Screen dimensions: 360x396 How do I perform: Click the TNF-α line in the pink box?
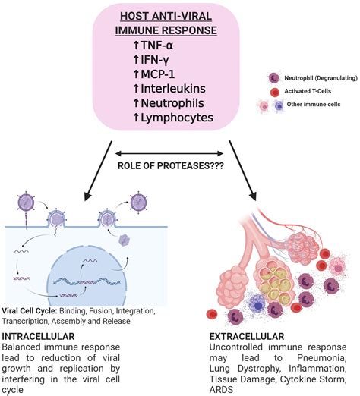coord(153,46)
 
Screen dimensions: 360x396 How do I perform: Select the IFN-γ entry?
coord(151,60)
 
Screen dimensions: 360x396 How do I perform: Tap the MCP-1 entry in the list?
coord(153,74)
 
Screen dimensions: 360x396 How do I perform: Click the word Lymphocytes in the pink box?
coord(177,118)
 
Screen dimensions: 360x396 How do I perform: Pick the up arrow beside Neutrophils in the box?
coord(136,103)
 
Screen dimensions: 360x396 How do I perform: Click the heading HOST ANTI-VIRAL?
coord(166,17)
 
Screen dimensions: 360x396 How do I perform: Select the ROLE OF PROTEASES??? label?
coord(171,166)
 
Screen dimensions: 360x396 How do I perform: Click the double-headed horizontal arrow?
coord(169,153)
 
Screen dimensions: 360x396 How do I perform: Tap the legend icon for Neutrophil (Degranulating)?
coord(274,78)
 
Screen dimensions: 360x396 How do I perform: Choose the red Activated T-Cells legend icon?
coord(275,93)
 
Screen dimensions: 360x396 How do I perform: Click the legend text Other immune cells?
coord(314,104)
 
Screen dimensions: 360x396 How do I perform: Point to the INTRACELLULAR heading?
coord(38,336)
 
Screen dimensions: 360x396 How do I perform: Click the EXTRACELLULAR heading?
coord(247,336)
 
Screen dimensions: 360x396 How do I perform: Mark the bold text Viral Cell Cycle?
coord(30,310)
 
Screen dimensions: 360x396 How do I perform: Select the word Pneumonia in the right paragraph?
coord(321,358)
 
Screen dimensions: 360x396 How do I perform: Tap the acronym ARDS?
coord(221,390)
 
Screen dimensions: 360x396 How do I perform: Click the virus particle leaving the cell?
coord(138,203)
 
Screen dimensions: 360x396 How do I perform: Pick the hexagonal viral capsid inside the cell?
coord(125,240)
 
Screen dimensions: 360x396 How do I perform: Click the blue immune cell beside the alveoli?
coord(257,306)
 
